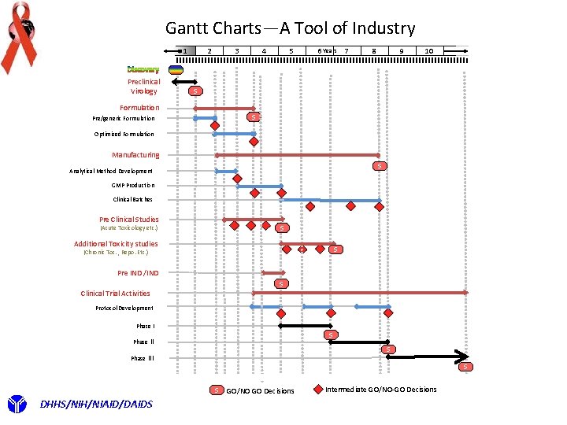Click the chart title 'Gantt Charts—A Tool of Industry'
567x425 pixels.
[290, 28]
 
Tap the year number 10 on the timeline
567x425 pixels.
[428, 52]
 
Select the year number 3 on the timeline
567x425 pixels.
[237, 52]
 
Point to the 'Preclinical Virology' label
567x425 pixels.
[143, 86]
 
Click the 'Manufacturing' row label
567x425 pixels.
[135, 155]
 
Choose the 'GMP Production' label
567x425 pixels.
[133, 186]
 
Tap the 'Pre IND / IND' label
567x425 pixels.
[138, 273]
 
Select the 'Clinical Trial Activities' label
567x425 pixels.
[115, 294]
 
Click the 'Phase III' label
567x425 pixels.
[143, 358]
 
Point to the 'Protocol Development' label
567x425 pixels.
[124, 309]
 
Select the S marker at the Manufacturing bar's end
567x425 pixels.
[380, 165]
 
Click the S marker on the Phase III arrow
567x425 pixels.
[466, 367]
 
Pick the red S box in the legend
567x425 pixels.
[217, 390]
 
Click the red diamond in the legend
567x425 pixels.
[317, 389]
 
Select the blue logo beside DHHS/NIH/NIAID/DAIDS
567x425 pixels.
[17, 405]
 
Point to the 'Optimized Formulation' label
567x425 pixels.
[124, 134]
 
